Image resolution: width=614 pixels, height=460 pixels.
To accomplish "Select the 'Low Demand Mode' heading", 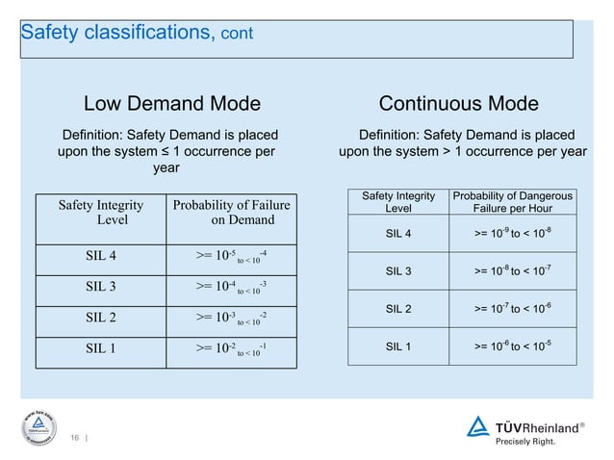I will tap(172, 104).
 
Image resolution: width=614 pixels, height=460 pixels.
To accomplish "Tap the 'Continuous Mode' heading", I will tap(458, 104).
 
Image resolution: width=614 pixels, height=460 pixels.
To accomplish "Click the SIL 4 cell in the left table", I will tap(102, 255).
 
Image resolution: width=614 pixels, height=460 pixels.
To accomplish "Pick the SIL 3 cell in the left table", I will tap(102, 287).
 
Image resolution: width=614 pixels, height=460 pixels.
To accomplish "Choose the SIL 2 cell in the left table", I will tap(102, 318).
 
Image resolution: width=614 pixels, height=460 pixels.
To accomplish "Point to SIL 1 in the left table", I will tap(102, 348).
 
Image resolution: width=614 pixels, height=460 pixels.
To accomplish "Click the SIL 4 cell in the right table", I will tap(398, 232).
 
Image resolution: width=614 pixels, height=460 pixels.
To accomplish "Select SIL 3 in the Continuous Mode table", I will tap(398, 270).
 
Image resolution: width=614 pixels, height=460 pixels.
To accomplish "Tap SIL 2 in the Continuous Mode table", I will tap(398, 308).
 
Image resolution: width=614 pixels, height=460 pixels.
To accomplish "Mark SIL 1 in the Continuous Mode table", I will tap(398, 345).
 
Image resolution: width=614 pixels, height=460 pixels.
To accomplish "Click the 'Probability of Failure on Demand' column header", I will tap(230, 212).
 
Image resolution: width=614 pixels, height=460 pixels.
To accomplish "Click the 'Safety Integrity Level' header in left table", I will tap(102, 212).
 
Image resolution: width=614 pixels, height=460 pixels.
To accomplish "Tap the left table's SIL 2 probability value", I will tap(230, 318).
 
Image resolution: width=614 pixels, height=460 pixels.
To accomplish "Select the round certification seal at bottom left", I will tap(36, 423).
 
